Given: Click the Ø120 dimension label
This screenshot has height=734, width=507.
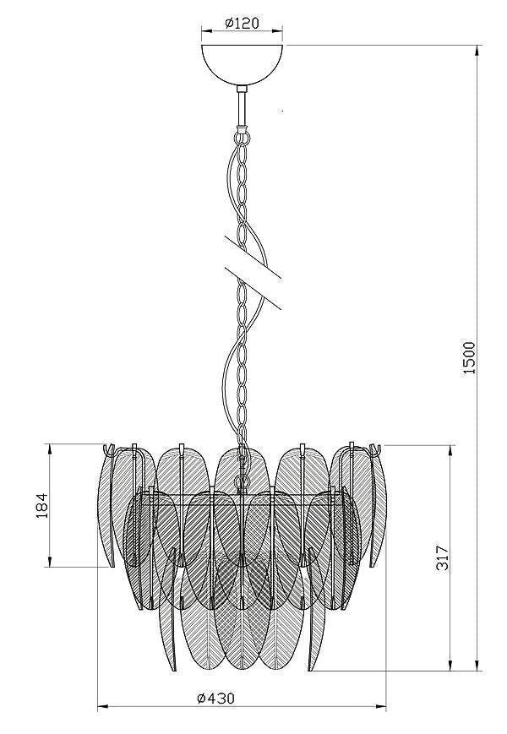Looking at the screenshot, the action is pyautogui.click(x=242, y=23).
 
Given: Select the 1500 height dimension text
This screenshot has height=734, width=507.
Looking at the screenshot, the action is pyautogui.click(x=469, y=357).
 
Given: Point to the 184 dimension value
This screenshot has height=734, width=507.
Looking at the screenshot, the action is pyautogui.click(x=42, y=506).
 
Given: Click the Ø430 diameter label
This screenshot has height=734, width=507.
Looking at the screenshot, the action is pyautogui.click(x=215, y=698).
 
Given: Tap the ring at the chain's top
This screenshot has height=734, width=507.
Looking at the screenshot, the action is pyautogui.click(x=242, y=138).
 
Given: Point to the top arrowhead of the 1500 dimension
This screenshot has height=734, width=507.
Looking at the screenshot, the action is pyautogui.click(x=477, y=51).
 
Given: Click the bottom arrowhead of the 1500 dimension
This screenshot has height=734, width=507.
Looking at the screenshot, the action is pyautogui.click(x=477, y=665).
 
